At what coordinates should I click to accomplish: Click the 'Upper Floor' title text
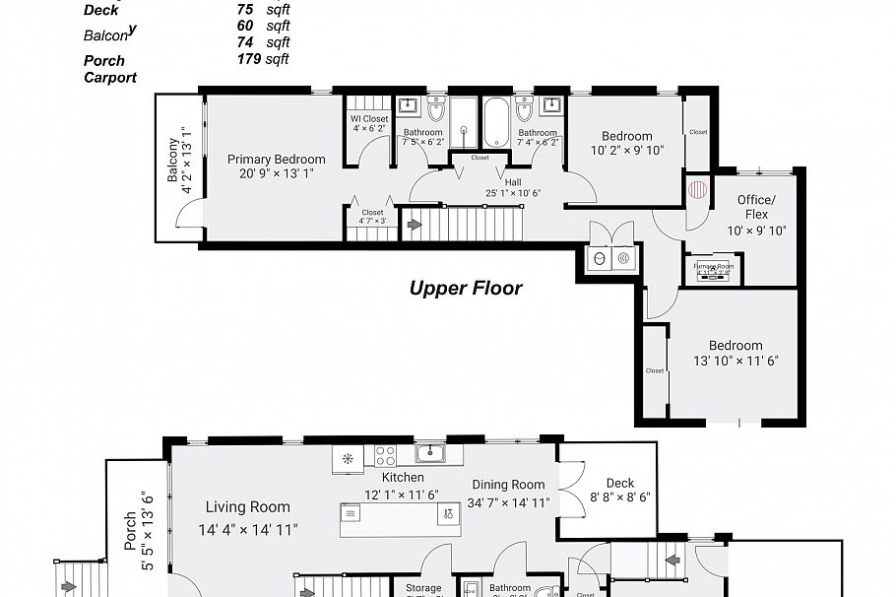(466, 289)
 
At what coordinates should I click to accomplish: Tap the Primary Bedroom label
(276, 159)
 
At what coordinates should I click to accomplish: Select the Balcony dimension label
(179, 161)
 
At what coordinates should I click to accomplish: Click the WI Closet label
(369, 119)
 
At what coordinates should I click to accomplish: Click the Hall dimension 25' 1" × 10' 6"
(513, 193)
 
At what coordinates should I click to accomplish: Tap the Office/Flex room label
(756, 207)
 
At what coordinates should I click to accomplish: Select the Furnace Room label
(714, 266)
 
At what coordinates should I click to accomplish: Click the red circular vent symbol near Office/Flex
(698, 188)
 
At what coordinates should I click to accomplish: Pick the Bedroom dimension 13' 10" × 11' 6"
(736, 362)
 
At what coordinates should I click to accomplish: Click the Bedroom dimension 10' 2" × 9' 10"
(627, 151)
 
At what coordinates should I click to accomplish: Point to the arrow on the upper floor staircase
(415, 226)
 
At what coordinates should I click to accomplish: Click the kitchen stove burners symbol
(384, 455)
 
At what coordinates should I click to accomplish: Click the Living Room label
(247, 507)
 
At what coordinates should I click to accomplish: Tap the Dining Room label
(508, 484)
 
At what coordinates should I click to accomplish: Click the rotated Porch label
(130, 532)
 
